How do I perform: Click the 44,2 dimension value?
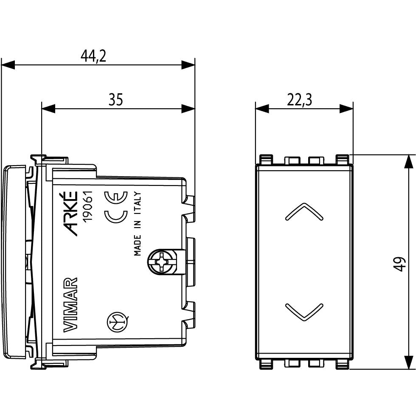point(93,56)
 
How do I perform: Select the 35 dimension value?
point(115,99)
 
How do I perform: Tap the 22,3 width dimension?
point(300,100)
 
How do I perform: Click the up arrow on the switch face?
point(304,211)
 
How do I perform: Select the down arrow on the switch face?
point(304,312)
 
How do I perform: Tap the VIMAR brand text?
point(70,305)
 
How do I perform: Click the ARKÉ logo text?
point(71,213)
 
